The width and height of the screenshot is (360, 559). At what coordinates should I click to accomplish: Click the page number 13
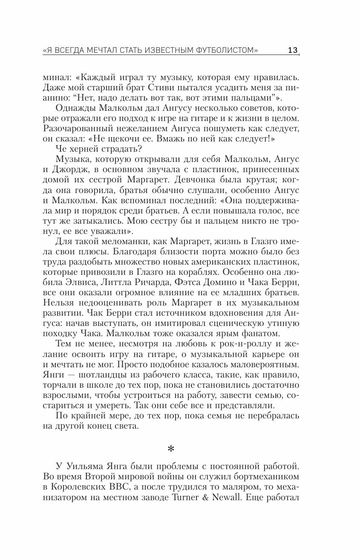coord(293,50)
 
